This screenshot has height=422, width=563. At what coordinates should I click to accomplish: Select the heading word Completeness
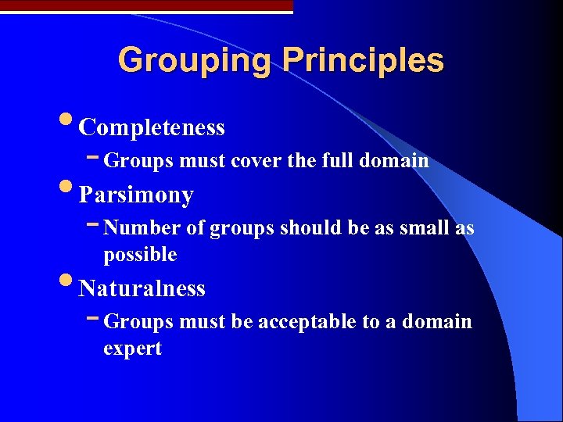pyautogui.click(x=152, y=127)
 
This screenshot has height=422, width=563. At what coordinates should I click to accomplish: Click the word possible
pyautogui.click(x=140, y=255)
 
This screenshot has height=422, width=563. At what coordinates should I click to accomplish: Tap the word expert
pyautogui.click(x=132, y=349)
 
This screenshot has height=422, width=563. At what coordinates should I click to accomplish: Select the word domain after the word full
pyautogui.click(x=394, y=161)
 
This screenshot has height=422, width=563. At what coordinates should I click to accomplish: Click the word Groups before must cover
pyautogui.click(x=138, y=161)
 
